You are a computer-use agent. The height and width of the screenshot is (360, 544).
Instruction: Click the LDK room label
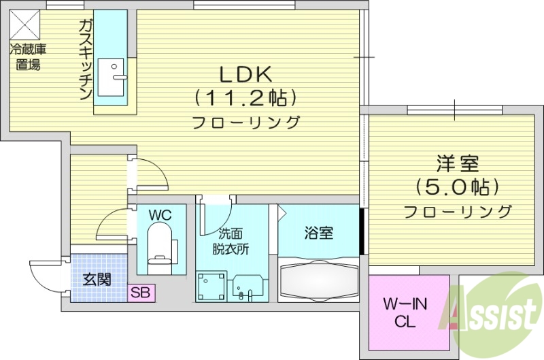(246, 73)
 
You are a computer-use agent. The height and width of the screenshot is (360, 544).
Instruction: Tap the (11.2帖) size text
(246, 98)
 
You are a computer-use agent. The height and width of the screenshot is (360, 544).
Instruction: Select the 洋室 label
(458, 164)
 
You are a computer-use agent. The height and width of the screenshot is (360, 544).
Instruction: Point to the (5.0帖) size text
(458, 186)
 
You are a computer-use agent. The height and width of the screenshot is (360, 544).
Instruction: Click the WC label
(160, 215)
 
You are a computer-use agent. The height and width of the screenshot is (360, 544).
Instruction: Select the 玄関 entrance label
(95, 280)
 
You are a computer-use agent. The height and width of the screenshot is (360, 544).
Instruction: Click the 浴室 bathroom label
(318, 233)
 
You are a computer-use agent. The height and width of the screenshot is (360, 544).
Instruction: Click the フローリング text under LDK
(246, 123)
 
